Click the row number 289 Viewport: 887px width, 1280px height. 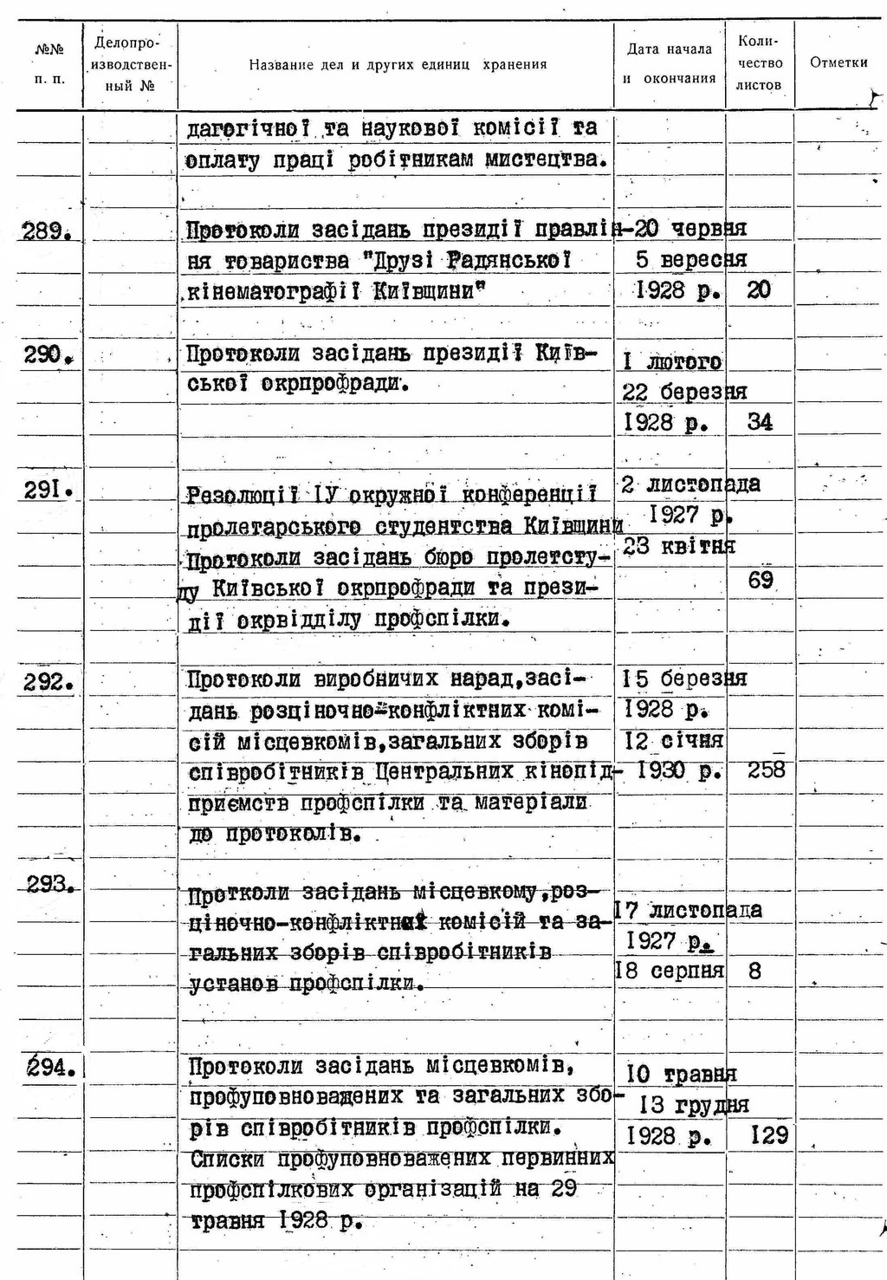point(47,231)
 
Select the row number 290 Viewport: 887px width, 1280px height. point(47,354)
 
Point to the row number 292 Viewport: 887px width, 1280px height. point(48,682)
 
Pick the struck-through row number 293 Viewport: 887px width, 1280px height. point(49,884)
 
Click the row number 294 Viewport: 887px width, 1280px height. point(49,1068)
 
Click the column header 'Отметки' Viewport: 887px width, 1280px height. point(838,62)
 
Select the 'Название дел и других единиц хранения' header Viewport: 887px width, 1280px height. point(398,64)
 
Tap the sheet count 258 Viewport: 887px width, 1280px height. point(766,770)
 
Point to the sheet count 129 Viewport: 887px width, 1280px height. point(769,1135)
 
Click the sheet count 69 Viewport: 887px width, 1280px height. point(761,580)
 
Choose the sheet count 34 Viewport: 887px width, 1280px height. point(760,422)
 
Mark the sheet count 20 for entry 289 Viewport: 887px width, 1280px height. point(758,290)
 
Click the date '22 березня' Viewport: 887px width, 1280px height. point(684,392)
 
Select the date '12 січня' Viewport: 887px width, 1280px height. point(673,741)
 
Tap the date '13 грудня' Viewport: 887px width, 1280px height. point(694,1105)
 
